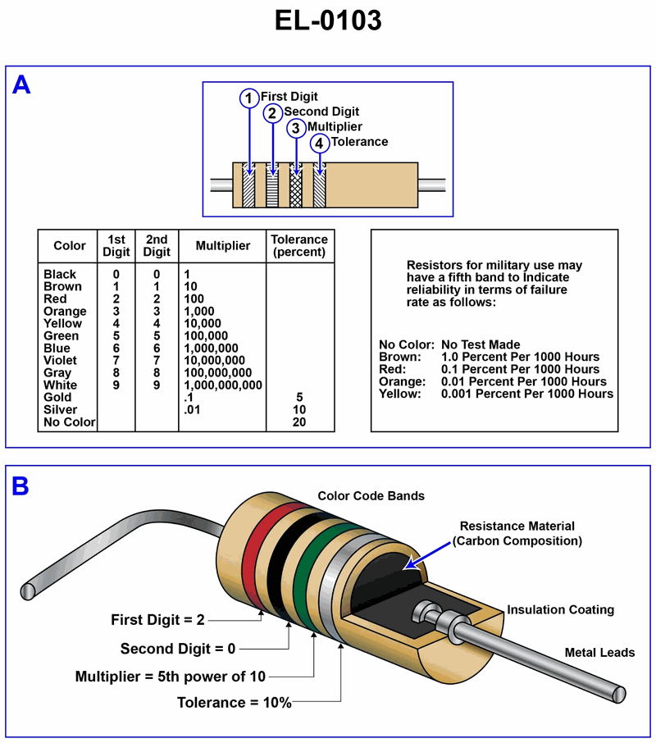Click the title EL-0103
coord(328,21)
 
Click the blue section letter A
coord(21,85)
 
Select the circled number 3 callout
coord(295,128)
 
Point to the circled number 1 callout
coord(248,98)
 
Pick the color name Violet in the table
coord(60,360)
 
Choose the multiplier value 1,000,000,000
coord(223,385)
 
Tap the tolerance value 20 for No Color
coord(299,422)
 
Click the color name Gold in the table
coord(57,397)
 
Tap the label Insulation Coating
coord(560,609)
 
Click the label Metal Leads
coord(599,652)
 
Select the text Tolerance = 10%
coord(235,702)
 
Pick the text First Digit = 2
coord(157,620)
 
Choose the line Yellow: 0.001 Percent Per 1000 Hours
coord(496,394)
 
